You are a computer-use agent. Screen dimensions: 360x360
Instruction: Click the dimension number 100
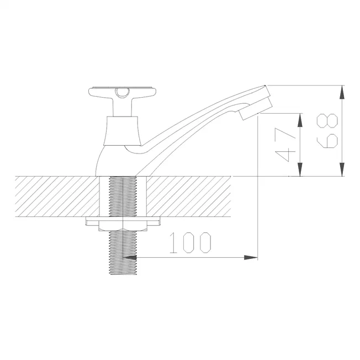(190, 243)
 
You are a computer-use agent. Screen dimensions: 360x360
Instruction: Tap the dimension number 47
(285, 145)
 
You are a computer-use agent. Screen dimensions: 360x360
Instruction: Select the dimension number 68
(327, 131)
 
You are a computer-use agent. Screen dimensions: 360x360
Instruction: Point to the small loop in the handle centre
(123, 93)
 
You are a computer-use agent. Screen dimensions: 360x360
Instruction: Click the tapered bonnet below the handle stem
(122, 131)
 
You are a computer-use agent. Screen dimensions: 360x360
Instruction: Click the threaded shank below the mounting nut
(123, 252)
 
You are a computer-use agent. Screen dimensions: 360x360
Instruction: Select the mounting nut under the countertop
(123, 226)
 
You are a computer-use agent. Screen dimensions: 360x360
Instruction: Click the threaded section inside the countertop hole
(123, 197)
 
